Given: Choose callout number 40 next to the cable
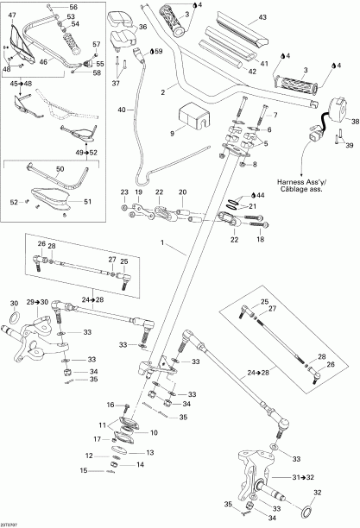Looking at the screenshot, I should click(x=122, y=110).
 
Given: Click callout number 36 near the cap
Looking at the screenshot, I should click(x=142, y=28).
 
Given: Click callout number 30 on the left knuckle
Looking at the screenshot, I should click(x=14, y=305).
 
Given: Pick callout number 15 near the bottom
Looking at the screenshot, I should click(x=85, y=470).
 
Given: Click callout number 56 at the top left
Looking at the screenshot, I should click(x=73, y=7).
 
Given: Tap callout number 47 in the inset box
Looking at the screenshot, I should click(x=12, y=15).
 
